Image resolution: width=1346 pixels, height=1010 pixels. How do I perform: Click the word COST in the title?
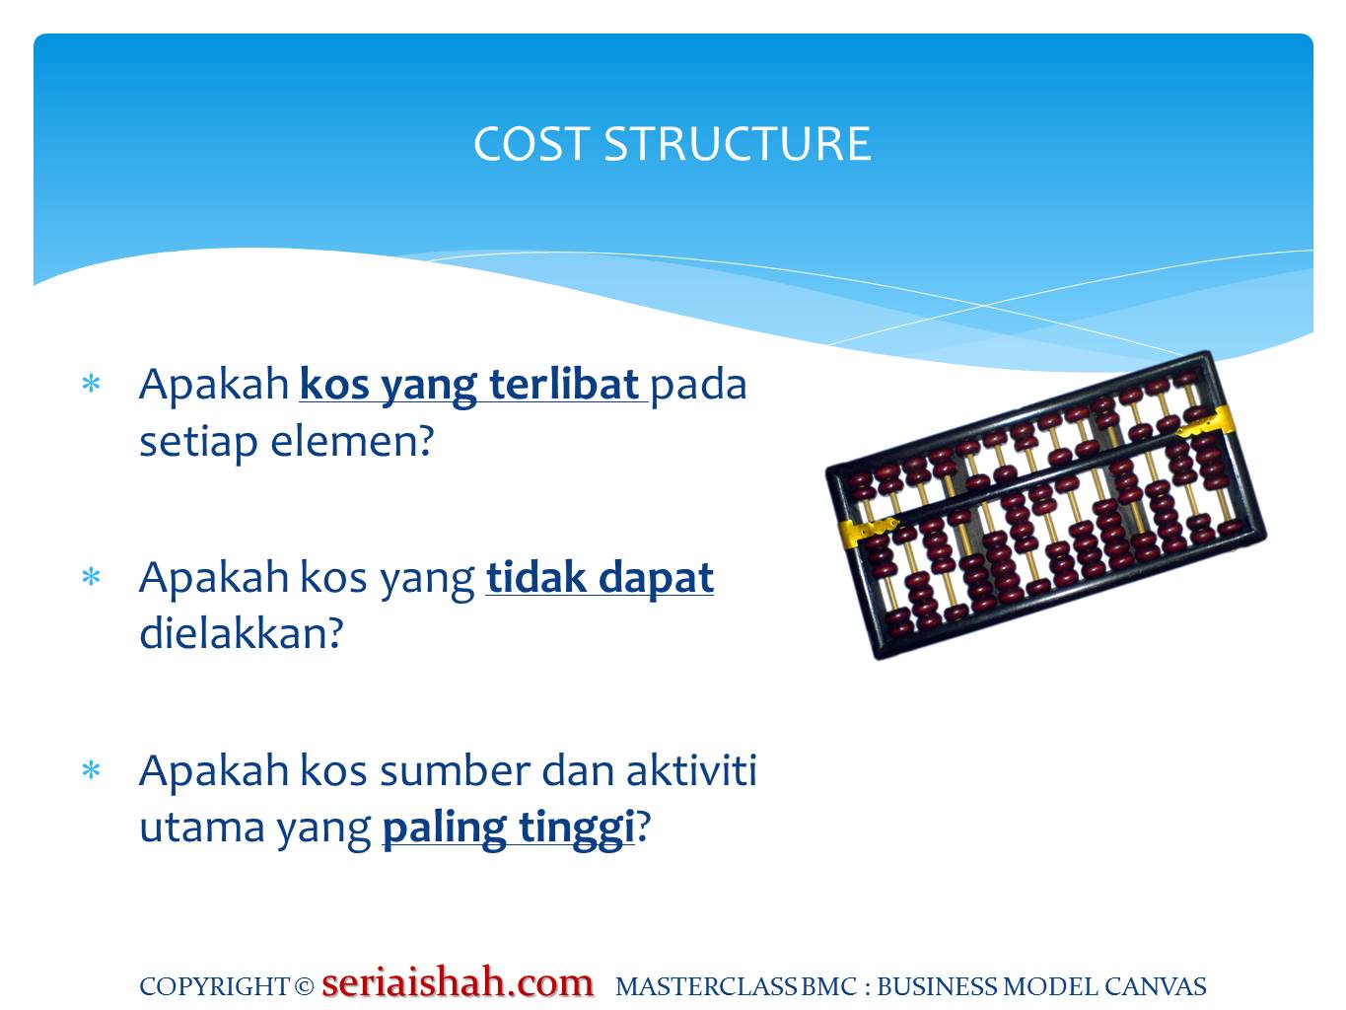(531, 144)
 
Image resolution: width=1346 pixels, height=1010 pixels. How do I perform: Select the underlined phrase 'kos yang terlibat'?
(471, 384)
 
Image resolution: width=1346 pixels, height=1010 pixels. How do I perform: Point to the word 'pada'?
(698, 384)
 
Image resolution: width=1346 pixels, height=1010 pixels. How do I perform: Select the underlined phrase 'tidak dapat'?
(600, 577)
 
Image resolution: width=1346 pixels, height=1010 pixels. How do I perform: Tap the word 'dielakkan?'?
(242, 633)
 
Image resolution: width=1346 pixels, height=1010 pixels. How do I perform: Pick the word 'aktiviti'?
(691, 770)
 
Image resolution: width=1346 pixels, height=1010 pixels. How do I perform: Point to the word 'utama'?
(200, 827)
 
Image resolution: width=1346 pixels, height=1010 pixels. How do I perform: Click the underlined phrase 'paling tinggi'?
(508, 827)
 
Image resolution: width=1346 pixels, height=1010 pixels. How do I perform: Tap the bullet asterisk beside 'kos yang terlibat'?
(92, 385)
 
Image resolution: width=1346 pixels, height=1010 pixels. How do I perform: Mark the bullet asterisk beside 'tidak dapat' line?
(92, 578)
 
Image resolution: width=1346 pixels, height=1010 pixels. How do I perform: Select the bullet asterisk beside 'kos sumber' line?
(92, 771)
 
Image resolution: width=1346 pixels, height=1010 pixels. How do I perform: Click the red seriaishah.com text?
(458, 982)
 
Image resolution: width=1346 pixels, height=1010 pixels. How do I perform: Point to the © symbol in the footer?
(304, 986)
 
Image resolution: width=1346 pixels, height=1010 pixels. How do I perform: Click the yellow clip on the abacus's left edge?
(867, 531)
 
